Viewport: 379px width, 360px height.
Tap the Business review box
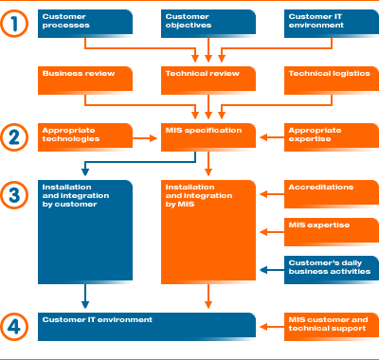[83, 80]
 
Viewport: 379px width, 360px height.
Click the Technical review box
[208, 80]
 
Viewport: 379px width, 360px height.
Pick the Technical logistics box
[332, 80]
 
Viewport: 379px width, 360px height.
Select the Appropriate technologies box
[83, 135]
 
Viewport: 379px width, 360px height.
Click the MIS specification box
[208, 135]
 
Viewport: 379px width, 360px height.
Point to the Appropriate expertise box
[332, 135]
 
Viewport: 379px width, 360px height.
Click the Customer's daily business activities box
[332, 269]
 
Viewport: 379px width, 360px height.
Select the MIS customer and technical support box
[332, 325]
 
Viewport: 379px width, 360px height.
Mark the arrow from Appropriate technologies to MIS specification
[145, 138]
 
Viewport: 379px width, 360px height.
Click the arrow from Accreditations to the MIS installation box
[270, 194]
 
